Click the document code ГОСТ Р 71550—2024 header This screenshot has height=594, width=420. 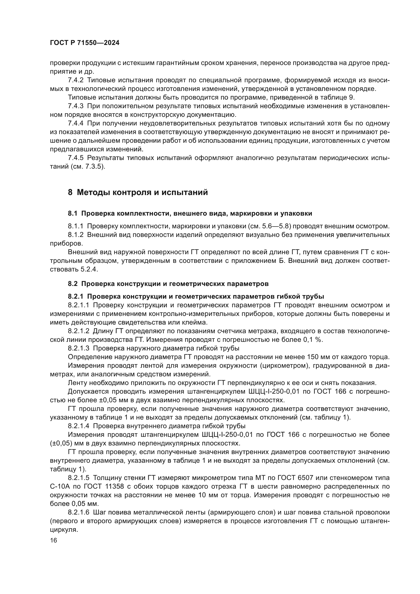[x=85, y=43]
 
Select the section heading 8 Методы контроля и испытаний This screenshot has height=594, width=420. [x=138, y=192]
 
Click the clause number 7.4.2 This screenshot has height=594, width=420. [x=75, y=80]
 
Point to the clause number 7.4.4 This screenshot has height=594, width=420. [x=75, y=123]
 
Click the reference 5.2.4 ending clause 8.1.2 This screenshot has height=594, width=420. [x=89, y=269]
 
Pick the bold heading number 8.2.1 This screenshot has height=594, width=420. [x=75, y=296]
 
